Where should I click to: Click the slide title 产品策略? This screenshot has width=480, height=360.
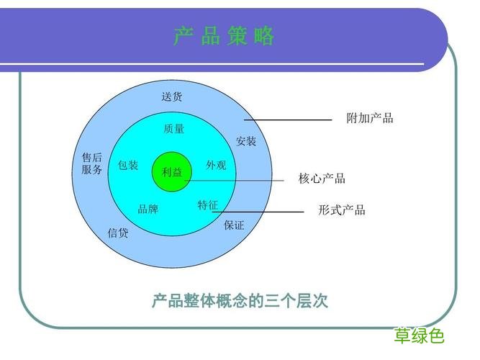tap(224, 36)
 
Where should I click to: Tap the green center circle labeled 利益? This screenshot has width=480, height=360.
tap(172, 171)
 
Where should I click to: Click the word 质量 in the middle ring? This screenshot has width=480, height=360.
tap(173, 129)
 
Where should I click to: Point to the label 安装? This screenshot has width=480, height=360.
tap(246, 141)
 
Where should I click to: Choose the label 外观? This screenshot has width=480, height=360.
tap(216, 165)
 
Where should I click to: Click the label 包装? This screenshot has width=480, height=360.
tap(128, 165)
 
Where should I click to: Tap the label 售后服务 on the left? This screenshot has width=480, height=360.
tap(92, 164)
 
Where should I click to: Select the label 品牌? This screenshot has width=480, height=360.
tap(148, 210)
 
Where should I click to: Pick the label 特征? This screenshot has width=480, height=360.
tap(207, 205)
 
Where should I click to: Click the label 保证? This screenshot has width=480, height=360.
tap(234, 225)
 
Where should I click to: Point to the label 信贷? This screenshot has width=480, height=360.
tap(118, 233)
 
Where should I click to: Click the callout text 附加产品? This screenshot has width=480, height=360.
tap(370, 118)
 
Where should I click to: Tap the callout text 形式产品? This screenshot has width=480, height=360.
tap(342, 210)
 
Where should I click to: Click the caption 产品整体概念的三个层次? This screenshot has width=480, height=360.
tap(240, 300)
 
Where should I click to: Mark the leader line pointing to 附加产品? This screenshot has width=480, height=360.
tap(288, 120)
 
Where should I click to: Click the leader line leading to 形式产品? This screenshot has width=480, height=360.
tap(259, 212)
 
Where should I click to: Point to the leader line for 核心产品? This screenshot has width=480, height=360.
tap(237, 180)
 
